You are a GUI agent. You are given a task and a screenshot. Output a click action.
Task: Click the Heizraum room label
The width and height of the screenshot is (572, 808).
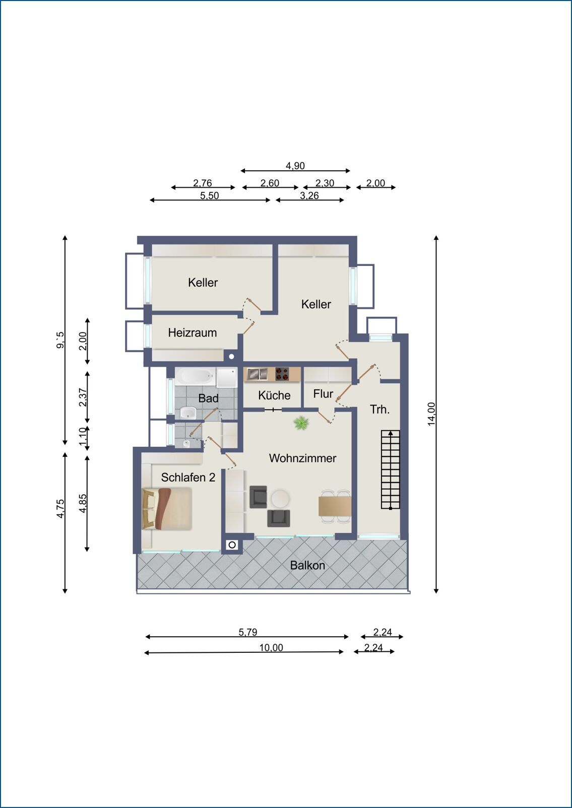tap(193, 332)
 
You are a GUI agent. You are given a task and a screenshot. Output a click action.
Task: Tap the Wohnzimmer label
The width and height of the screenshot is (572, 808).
tap(302, 458)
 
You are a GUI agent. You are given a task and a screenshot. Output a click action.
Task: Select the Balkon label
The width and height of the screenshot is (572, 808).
tap(307, 565)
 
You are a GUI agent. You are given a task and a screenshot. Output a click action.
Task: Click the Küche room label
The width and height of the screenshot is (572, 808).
tap(274, 395)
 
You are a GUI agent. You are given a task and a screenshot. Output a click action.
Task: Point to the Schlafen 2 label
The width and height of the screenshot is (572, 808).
tap(188, 477)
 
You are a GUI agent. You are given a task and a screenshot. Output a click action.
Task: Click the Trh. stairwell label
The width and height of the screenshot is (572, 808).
tap(379, 410)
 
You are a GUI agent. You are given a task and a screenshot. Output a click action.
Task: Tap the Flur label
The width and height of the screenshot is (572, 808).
tap(323, 393)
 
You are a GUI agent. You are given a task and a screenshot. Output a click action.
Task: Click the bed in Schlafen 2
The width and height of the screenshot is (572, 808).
tap(167, 509)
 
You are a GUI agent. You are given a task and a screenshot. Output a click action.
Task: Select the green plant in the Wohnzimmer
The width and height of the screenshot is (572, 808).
tap(301, 423)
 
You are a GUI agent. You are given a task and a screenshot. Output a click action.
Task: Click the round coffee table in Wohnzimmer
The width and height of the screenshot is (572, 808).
tap(280, 499)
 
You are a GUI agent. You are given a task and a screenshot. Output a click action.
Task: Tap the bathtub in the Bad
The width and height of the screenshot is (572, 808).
tap(195, 377)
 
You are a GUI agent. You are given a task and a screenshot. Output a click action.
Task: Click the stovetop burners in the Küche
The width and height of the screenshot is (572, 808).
tap(283, 374)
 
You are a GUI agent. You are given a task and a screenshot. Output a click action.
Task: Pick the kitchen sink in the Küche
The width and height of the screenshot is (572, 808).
tap(258, 374)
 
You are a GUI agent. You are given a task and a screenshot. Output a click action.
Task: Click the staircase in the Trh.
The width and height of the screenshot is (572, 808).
tap(391, 469)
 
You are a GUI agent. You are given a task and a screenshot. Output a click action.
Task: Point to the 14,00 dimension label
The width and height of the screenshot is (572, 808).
tap(431, 414)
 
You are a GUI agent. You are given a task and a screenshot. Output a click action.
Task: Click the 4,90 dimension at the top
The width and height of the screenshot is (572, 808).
tap(295, 166)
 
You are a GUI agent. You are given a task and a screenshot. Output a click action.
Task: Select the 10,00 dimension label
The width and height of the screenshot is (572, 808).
tap(271, 647)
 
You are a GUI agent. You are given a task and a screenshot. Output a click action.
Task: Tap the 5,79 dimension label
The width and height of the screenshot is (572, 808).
tap(248, 632)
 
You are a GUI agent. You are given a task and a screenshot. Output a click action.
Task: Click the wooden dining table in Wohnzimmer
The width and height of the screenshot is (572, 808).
tap(335, 506)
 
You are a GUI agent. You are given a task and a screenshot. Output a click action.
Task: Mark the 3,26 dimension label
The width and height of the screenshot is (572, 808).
tap(309, 195)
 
